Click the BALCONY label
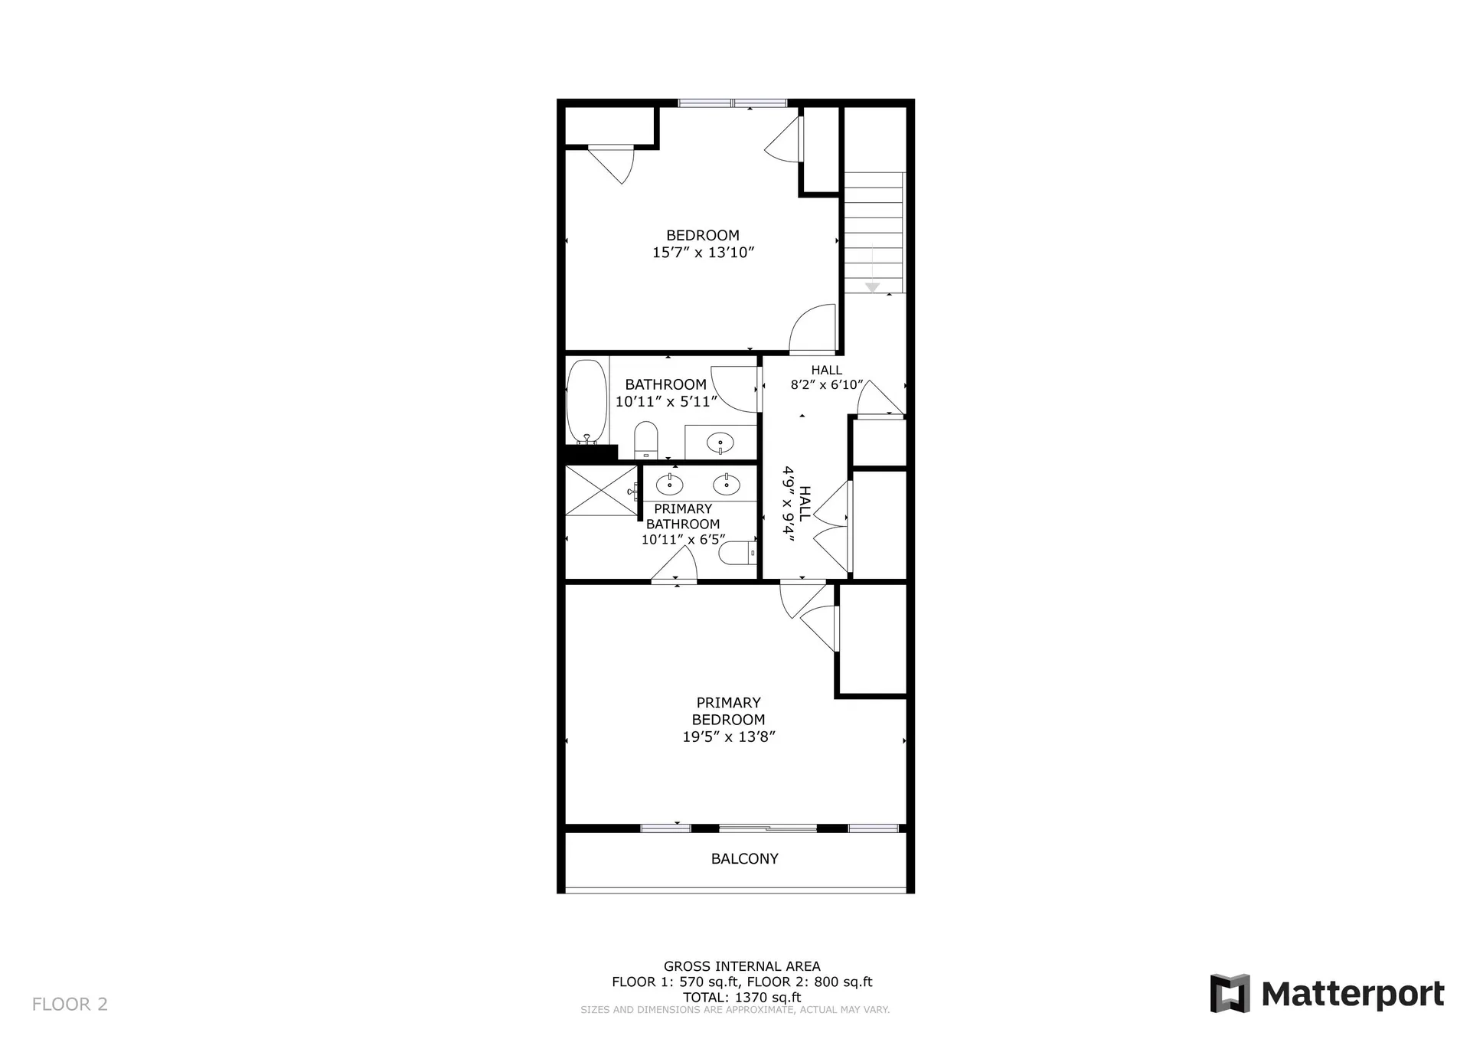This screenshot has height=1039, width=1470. pos(744,859)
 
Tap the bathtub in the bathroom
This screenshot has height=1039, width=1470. pos(586,400)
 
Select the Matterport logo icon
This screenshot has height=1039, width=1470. pos(1230,993)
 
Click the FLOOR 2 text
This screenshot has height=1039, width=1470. pos(70,1004)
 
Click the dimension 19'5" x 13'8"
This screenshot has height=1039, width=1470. pos(729,737)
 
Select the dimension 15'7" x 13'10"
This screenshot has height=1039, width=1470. pos(703,253)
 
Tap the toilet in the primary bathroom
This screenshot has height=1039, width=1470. pos(740,553)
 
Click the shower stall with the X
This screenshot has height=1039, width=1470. pos(601,490)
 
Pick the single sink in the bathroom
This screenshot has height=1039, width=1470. pos(720,443)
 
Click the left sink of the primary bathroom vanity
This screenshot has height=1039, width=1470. pos(670,485)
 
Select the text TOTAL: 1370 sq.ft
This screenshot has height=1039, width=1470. pos(742,997)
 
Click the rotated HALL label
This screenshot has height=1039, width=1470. pos(805,504)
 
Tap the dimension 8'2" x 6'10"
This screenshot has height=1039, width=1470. pos(827,385)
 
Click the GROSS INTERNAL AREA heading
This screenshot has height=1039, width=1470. pos(742,966)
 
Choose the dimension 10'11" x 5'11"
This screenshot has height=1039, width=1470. pos(666,401)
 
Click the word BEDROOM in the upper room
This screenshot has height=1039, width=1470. pos(703,235)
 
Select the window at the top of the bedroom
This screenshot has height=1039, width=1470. pos(733,103)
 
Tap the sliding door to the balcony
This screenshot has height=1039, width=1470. pos(768,828)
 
